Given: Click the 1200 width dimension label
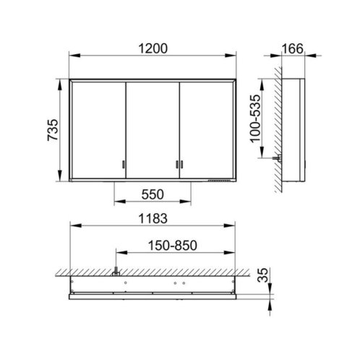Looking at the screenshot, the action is [153, 48].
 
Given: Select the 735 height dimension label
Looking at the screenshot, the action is [53, 130].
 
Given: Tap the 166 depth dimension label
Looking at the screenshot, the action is [292, 48].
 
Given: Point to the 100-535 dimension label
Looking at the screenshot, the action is [255, 119].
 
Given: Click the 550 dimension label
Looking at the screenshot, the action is [153, 194].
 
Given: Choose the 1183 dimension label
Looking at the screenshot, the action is [153, 218].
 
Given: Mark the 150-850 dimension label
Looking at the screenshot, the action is [173, 246].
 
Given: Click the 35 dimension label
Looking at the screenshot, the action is [262, 275].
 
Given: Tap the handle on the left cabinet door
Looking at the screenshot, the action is [124, 164].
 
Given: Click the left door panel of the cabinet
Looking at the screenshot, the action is [99, 130].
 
